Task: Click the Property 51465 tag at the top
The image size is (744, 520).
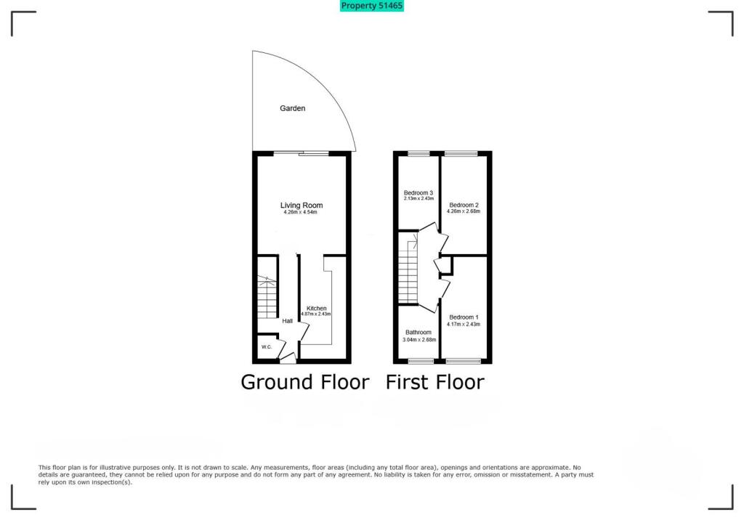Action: (x=371, y=6)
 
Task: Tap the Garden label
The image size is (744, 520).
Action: (x=292, y=108)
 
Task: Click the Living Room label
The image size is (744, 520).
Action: (x=302, y=205)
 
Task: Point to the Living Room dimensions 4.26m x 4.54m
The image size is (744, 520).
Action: (x=300, y=212)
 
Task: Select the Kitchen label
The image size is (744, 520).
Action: (x=317, y=309)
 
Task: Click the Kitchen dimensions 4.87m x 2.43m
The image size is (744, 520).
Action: (x=316, y=314)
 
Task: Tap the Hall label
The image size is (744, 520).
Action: (x=288, y=321)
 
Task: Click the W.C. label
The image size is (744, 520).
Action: (x=267, y=347)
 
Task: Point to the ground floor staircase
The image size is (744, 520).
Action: (x=267, y=297)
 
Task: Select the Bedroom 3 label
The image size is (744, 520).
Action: (x=418, y=192)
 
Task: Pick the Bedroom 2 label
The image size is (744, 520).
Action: (x=464, y=205)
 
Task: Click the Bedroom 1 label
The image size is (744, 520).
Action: (x=464, y=317)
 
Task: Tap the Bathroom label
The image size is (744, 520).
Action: (x=418, y=332)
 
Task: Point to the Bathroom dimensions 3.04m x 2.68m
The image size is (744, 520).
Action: (x=419, y=340)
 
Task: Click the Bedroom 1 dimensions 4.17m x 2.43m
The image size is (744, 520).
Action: (x=464, y=325)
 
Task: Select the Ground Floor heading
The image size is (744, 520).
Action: (x=305, y=382)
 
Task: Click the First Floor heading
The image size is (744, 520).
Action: (x=435, y=382)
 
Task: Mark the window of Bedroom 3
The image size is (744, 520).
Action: (x=419, y=153)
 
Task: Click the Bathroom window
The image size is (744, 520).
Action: (x=421, y=361)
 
